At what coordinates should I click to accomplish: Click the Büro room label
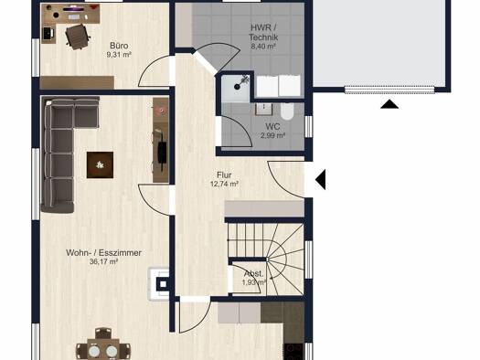coord(119,46)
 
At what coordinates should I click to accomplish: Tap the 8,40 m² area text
coord(263,47)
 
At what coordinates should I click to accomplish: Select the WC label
coord(272,126)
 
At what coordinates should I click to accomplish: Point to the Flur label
coord(224,175)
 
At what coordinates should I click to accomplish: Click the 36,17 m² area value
coord(104,261)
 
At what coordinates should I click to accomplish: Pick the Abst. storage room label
coord(253,273)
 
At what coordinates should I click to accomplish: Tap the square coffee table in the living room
coord(100,164)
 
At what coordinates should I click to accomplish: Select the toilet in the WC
coord(287,111)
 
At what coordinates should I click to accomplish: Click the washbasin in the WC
coord(263,109)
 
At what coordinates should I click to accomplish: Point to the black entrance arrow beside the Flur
coord(320,179)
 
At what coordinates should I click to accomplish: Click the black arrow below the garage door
coord(389,104)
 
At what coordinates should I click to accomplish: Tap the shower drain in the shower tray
coord(237,87)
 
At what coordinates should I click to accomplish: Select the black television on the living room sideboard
coord(162,153)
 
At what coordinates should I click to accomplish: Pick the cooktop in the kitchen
coord(293,352)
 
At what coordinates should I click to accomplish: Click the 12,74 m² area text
coord(224,184)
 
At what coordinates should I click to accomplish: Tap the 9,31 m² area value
coord(119,55)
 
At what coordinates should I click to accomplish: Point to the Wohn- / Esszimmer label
coord(104,253)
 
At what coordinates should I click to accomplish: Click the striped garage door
coord(389,90)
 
